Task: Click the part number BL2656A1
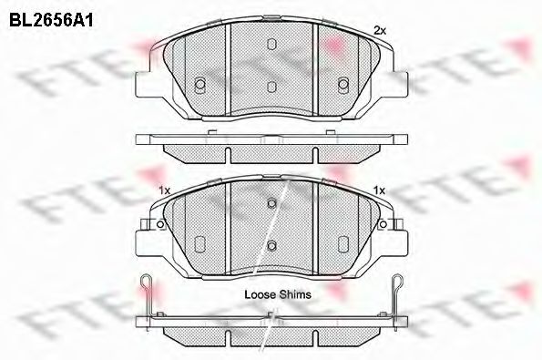(51, 20)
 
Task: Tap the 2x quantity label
(380, 31)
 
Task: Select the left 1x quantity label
(164, 190)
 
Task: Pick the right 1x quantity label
(379, 190)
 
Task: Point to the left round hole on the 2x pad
(200, 84)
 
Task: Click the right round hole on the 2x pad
(343, 84)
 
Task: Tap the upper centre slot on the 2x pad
(271, 44)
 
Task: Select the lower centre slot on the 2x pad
(271, 87)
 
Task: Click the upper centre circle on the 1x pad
(271, 203)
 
